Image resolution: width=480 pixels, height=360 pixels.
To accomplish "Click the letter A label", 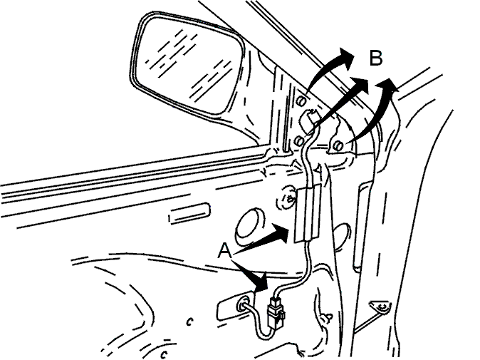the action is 225,251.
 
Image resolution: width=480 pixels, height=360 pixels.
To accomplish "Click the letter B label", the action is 376,58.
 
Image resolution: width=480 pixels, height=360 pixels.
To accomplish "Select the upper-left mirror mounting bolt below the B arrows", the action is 302,101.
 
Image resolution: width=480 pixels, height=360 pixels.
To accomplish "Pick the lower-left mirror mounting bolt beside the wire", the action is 299,141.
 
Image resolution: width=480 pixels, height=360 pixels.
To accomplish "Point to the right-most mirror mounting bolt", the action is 338,146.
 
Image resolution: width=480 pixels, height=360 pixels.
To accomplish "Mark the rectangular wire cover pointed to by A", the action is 307,213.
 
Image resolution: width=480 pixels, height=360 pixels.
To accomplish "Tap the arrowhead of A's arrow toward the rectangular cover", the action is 281,233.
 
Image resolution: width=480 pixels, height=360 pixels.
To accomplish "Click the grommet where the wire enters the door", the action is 244,304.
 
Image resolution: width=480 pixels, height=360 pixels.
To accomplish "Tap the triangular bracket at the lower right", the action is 380,307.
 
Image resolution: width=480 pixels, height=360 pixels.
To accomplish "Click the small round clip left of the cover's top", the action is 287,199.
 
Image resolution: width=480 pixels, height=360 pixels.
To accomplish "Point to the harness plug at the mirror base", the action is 309,120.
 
